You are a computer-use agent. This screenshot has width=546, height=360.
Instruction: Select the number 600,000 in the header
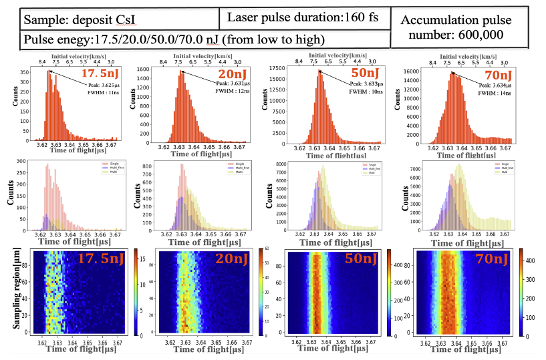pos(479,33)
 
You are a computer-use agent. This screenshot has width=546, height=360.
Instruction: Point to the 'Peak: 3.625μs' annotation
pos(105,85)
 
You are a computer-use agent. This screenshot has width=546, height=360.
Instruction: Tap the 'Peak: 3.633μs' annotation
pos(368,84)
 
